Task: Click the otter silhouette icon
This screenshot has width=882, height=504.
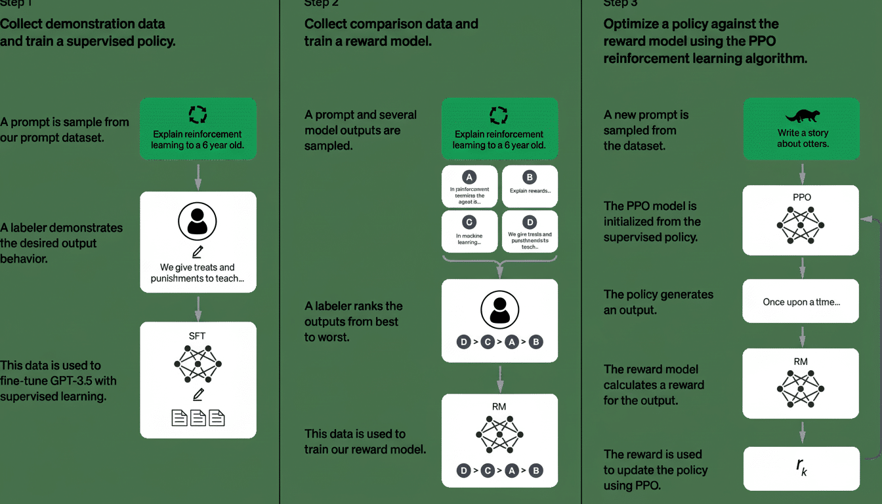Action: point(801,116)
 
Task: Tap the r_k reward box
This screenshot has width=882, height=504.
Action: point(801,468)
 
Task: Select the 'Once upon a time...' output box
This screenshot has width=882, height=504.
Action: point(801,302)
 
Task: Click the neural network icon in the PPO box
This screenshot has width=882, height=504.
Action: point(801,226)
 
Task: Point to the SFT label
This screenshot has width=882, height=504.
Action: point(198,335)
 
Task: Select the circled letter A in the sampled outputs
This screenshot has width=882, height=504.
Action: point(469,177)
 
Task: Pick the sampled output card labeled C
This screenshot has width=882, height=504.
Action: point(469,231)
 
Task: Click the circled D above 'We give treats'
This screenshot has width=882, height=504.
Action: point(530,222)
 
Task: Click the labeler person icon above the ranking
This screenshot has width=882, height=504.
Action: point(499,309)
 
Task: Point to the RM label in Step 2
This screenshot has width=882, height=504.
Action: point(499,406)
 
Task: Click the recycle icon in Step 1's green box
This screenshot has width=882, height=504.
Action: point(198,115)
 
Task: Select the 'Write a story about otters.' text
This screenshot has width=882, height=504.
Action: point(801,138)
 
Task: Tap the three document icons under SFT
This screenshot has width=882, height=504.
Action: point(198,417)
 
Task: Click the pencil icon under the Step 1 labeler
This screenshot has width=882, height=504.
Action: point(198,253)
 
